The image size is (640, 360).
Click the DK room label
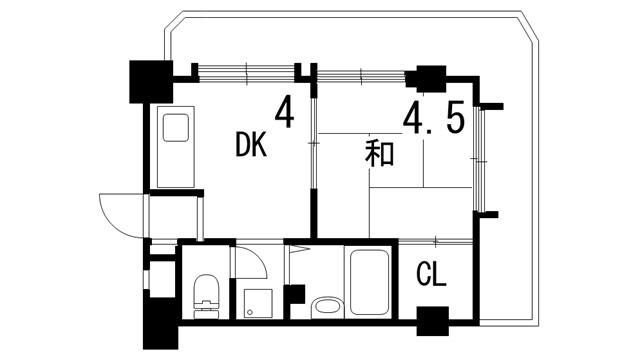click(251, 146)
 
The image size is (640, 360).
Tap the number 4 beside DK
click(285, 111)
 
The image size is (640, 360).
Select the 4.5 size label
click(433, 118)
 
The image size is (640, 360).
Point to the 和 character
click(378, 153)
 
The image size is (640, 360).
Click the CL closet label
click(432, 273)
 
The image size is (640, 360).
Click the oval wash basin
click(326, 306)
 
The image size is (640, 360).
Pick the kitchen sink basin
click(177, 131)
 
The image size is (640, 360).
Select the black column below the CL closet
click(432, 324)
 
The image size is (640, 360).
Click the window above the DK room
click(246, 71)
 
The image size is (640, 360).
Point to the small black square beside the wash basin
click(294, 296)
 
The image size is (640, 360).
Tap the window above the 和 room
click(361, 71)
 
